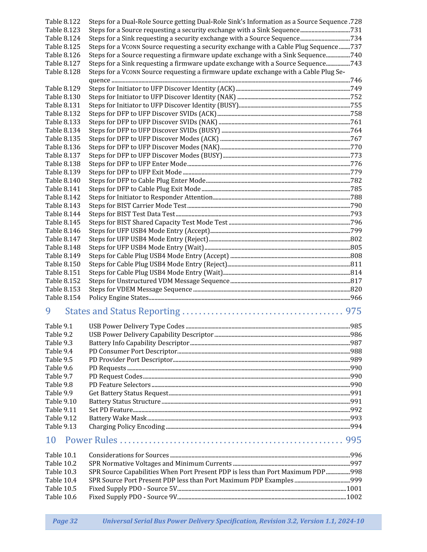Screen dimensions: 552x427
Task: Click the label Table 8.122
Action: (x=63, y=22)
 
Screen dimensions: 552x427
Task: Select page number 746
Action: (x=356, y=80)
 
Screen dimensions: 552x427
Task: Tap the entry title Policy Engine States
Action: (x=119, y=298)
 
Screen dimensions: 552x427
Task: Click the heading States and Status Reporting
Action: (x=122, y=311)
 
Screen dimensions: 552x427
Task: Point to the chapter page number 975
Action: (x=353, y=311)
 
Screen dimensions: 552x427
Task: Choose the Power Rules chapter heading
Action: (x=91, y=440)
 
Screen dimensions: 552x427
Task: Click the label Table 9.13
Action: (x=61, y=427)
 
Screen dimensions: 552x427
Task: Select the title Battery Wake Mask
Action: (x=118, y=418)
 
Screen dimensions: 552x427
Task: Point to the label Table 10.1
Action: (x=61, y=455)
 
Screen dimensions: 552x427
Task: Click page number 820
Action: (x=356, y=289)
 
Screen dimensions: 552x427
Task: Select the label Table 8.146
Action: (x=63, y=231)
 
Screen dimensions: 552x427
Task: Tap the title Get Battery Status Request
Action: (x=128, y=393)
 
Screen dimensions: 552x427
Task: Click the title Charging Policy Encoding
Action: (x=127, y=427)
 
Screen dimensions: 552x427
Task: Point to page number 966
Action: (x=356, y=298)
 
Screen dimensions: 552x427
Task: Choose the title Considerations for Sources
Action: (x=129, y=455)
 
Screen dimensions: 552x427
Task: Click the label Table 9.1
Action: (x=59, y=326)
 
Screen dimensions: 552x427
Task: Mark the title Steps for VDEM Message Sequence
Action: (x=140, y=289)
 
